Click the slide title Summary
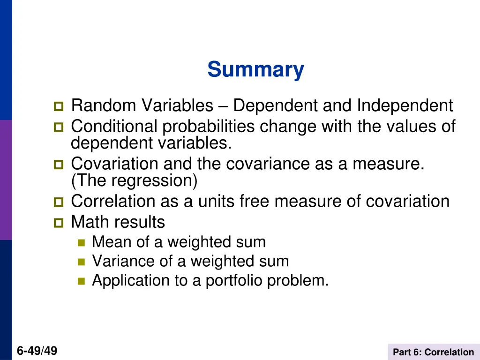tap(255, 70)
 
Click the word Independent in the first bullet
tap(405, 106)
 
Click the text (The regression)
tap(134, 180)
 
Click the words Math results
tap(118, 222)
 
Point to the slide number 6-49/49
tap(37, 350)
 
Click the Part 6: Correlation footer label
tap(433, 352)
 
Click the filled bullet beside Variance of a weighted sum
tap(81, 262)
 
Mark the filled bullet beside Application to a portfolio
tap(81, 281)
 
